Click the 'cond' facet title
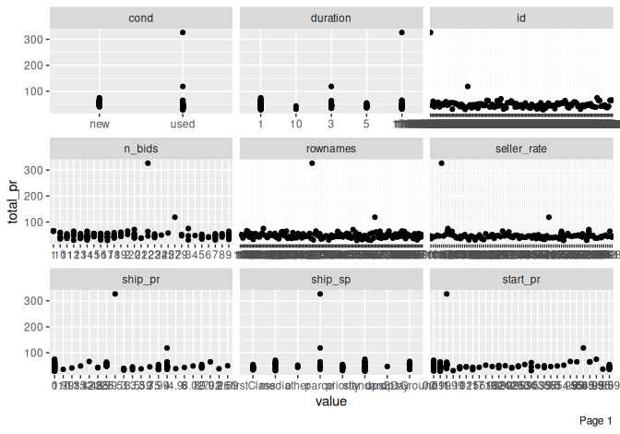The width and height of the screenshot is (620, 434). point(142,18)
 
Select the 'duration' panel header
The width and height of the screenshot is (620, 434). point(331,18)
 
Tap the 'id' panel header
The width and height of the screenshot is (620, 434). point(521,18)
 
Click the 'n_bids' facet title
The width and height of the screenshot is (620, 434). point(142,149)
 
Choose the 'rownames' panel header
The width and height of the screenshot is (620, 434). point(331,149)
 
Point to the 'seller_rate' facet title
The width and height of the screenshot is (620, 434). point(521,149)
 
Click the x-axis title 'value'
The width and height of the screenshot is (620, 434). point(331,402)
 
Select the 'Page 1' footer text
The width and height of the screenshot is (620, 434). point(595,421)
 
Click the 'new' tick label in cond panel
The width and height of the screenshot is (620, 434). point(100,124)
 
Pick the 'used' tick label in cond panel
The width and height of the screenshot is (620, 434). point(183,124)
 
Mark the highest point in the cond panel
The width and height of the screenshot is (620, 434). point(183,32)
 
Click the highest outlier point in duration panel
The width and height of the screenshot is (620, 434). point(401,32)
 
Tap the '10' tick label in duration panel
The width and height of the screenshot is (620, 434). point(296,124)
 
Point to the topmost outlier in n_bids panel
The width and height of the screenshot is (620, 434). point(148,163)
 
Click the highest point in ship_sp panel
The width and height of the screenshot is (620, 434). point(320,294)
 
